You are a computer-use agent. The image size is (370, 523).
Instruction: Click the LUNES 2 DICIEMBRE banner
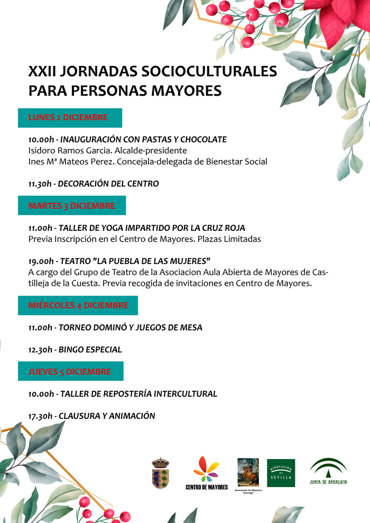70,117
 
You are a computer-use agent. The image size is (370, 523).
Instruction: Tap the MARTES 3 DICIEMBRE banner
72,206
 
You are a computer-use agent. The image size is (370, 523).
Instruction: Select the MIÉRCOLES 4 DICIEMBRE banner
78,305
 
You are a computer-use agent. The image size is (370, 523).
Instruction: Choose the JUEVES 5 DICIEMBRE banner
70,371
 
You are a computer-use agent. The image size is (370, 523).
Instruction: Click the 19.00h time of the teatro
41,261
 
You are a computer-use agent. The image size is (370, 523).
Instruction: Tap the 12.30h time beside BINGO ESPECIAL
41,350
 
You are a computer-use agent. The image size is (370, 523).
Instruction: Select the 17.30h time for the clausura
41,416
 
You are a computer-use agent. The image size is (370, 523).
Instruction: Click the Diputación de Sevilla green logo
281,473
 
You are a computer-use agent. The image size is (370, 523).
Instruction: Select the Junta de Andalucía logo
328,471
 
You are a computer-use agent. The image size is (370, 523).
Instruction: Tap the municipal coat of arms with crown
160,473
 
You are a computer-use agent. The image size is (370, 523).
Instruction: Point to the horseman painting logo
248,472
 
